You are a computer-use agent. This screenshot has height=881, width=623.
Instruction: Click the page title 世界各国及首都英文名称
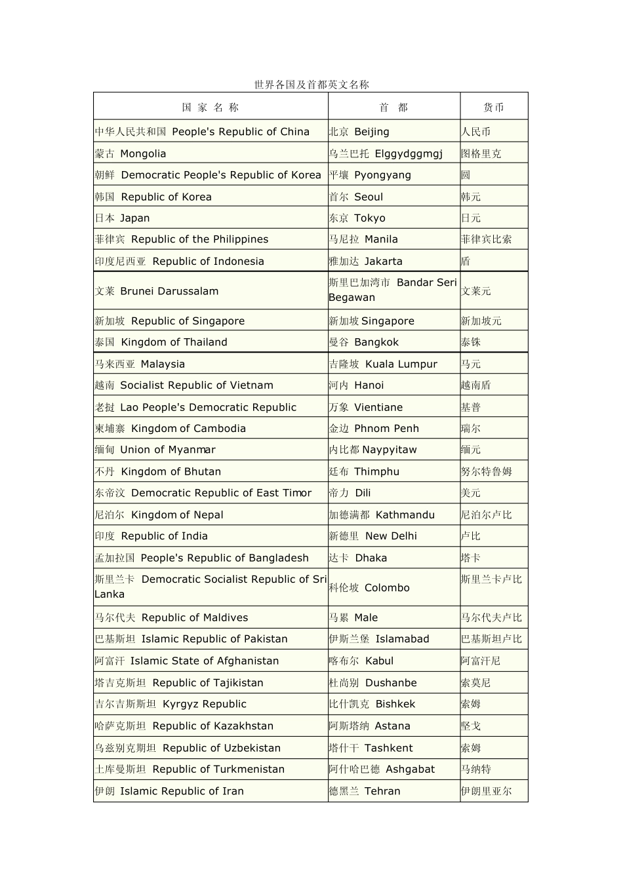click(x=311, y=85)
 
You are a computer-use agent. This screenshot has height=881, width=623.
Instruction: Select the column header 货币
click(x=493, y=108)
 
